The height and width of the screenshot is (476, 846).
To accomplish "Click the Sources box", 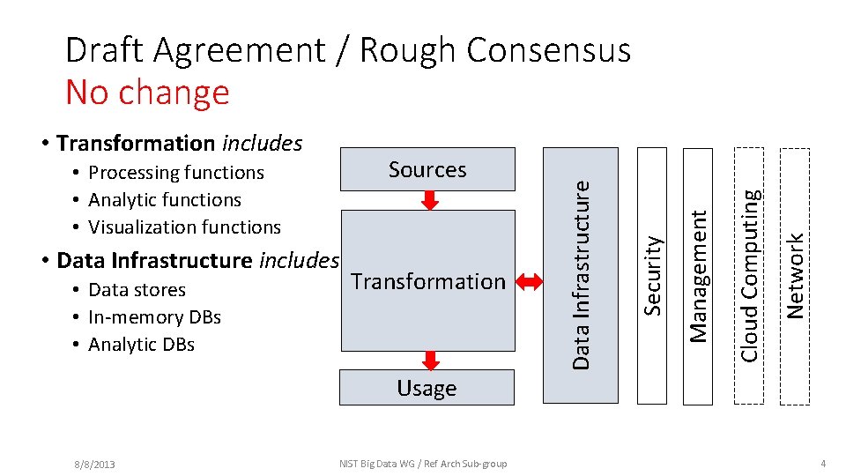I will (x=427, y=169).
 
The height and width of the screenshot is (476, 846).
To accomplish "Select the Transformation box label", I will (x=427, y=281).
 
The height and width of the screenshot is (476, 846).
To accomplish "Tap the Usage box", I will (x=427, y=388).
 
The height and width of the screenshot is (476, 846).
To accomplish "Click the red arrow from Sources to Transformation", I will (x=430, y=200).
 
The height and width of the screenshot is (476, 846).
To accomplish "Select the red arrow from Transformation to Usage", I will (x=430, y=360).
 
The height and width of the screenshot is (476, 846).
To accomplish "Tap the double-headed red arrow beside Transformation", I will (x=531, y=282).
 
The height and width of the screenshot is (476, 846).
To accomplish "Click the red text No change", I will (x=147, y=92).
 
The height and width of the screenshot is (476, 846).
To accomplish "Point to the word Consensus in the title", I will (x=548, y=50).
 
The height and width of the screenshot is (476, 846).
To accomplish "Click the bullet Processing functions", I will (x=176, y=173).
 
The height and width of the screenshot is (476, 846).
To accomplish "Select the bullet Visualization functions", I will (x=184, y=227).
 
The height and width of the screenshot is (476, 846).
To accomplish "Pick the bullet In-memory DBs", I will (x=154, y=317).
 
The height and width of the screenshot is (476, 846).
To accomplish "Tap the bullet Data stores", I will (x=137, y=290).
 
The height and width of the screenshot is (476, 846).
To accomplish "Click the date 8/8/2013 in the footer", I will (x=94, y=464).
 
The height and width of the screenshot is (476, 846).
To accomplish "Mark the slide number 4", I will (x=822, y=464).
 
